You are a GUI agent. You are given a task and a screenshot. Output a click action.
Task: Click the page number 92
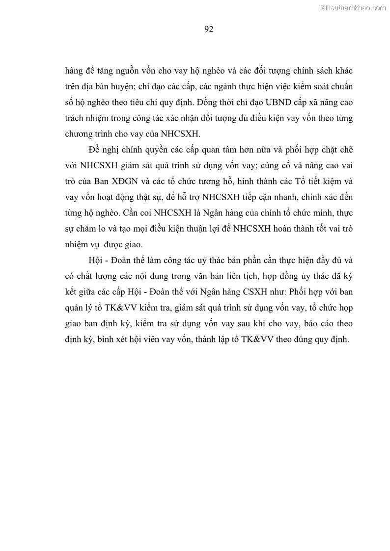point(208,29)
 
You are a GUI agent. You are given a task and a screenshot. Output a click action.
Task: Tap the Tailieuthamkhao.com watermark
point(352,7)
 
